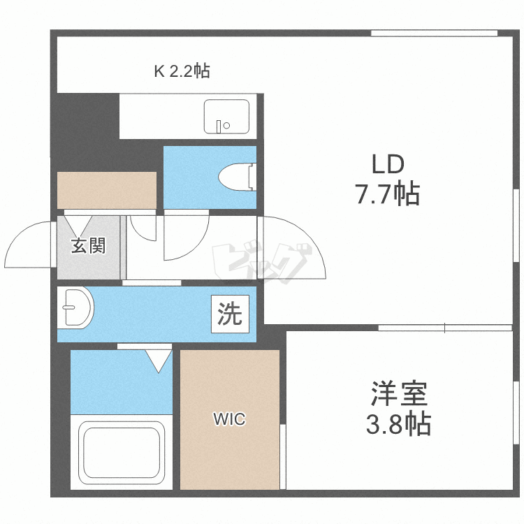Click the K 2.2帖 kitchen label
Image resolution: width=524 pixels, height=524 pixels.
click(x=182, y=71)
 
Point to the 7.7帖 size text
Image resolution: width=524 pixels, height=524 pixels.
click(x=387, y=193)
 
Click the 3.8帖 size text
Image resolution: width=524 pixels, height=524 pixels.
click(x=399, y=423)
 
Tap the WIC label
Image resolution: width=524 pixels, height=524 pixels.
click(x=229, y=419)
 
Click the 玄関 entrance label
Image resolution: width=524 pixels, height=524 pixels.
click(x=88, y=246)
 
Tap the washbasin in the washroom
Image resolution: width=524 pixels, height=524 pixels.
click(x=76, y=307)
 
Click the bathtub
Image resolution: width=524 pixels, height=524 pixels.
click(x=123, y=453)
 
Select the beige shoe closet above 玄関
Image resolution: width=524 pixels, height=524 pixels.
click(x=106, y=189)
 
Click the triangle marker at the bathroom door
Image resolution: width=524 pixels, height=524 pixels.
click(x=158, y=359)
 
